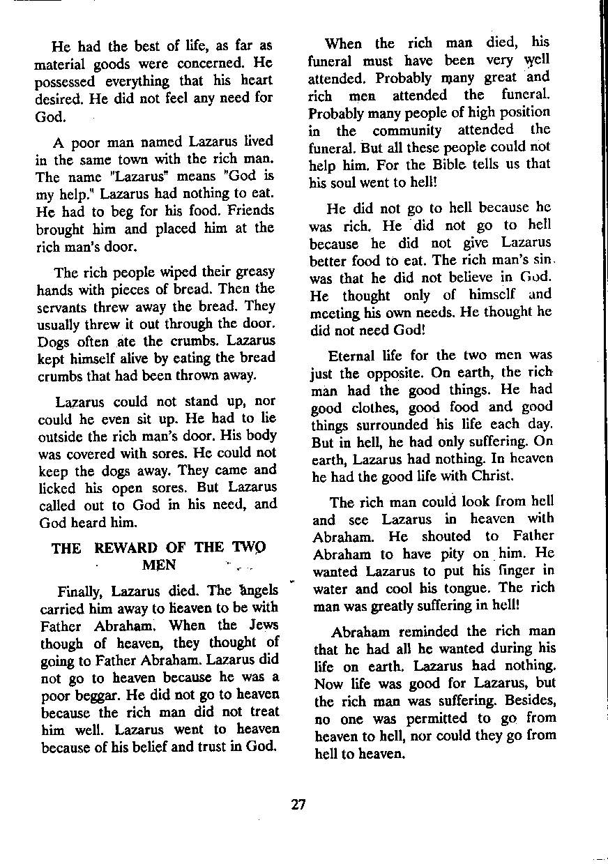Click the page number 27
[x=298, y=804]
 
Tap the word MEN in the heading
[x=158, y=564]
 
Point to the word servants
[x=60, y=306]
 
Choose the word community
[x=406, y=130]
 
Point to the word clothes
[x=377, y=407]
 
